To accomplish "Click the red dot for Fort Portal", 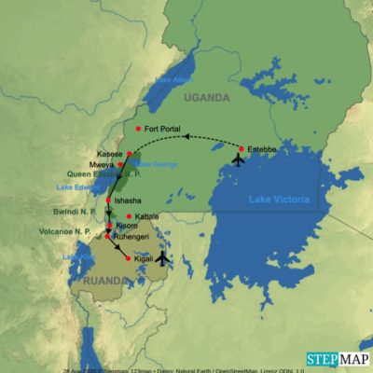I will [x=138, y=128].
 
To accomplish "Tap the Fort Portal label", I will [x=162, y=129].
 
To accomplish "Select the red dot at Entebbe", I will [x=241, y=148].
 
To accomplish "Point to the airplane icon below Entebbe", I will [x=237, y=159].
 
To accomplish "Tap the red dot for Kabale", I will [x=128, y=215].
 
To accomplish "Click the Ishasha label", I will [x=127, y=200].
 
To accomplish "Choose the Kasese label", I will [x=109, y=153].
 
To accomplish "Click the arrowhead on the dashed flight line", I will [x=186, y=136].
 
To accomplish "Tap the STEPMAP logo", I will [x=336, y=359].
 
